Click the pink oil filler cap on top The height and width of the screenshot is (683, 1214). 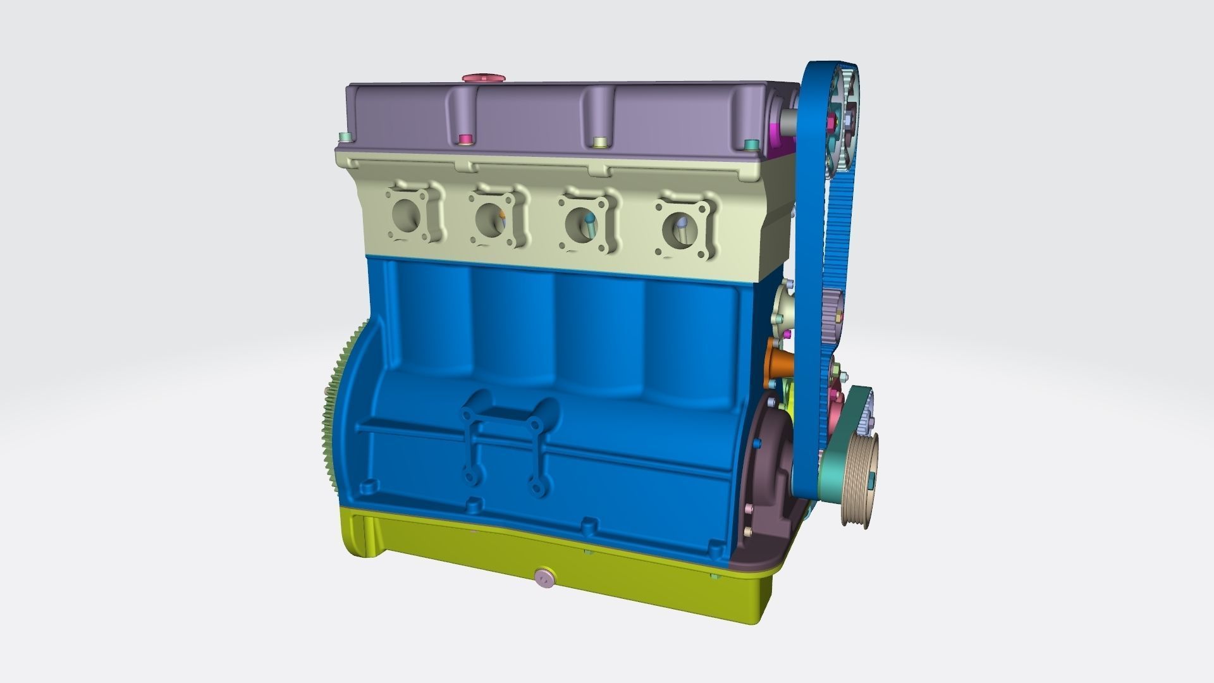coord(484,78)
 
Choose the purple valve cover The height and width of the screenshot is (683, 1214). coord(537,117)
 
